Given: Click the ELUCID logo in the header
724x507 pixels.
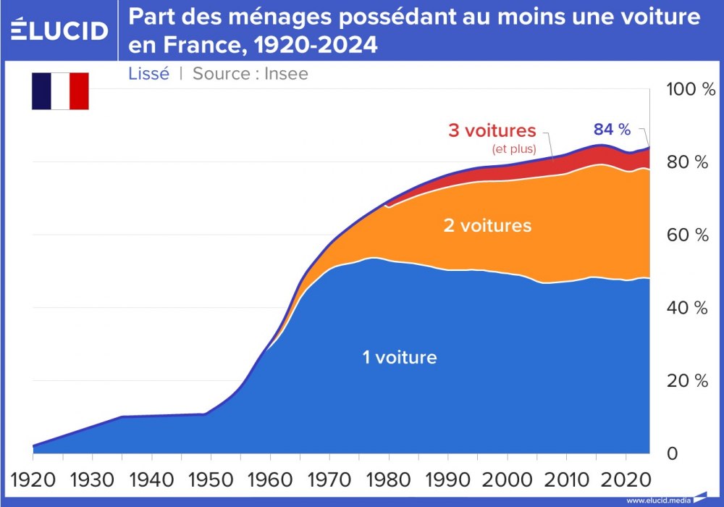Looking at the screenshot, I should (60, 30).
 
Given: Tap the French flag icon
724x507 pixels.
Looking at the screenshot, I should (60, 91).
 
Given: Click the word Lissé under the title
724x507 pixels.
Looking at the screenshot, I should (148, 73).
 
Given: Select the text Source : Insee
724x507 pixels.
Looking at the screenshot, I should (250, 73).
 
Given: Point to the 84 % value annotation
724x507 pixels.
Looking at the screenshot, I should (612, 130).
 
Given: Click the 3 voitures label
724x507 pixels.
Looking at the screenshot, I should (492, 131).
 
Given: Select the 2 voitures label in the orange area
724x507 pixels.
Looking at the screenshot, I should (487, 226).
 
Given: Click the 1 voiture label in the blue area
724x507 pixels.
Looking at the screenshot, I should (400, 357).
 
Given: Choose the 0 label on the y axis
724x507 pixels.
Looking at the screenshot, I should (672, 454).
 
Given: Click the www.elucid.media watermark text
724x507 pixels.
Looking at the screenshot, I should (657, 500).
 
